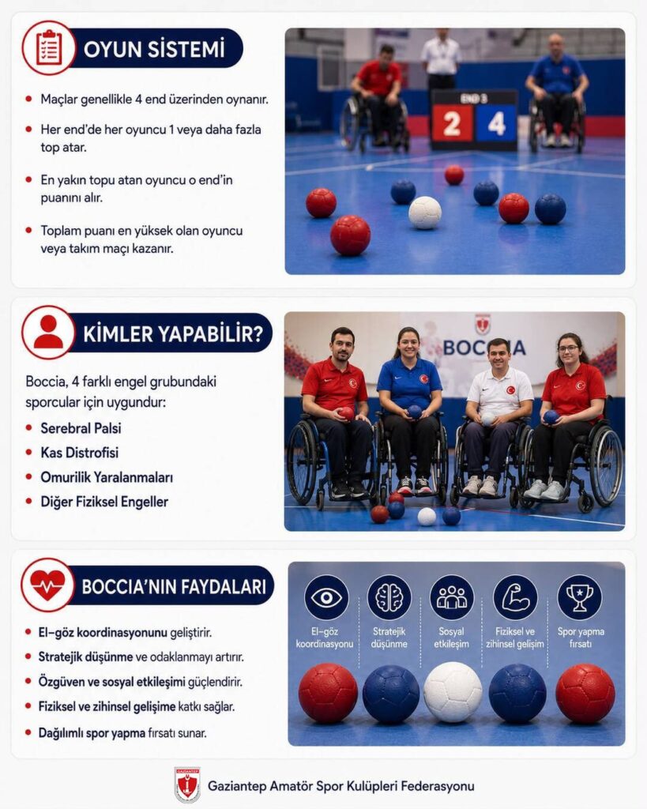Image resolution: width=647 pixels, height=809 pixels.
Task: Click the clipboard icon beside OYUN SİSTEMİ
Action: [x=49, y=48]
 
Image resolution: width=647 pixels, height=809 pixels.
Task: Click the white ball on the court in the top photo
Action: [x=425, y=212]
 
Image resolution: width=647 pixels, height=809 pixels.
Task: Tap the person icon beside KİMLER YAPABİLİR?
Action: [x=48, y=332]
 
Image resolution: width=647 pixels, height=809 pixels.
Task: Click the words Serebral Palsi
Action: [x=81, y=428]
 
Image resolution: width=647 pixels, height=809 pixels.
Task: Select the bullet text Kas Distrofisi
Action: [x=80, y=453]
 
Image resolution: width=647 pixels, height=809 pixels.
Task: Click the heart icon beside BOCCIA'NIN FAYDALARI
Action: [x=47, y=585]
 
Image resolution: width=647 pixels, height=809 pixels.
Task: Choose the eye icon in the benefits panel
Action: [x=326, y=597]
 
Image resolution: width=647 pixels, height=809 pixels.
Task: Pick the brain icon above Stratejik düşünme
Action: [x=389, y=597]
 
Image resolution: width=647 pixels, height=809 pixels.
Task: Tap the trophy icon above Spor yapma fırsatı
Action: [x=579, y=597]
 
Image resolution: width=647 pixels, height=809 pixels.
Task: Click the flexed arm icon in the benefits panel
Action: [x=515, y=597]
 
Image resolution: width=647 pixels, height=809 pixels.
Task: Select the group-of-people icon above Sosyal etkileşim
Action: [x=451, y=597]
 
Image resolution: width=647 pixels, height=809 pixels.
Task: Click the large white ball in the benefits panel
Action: [x=453, y=692]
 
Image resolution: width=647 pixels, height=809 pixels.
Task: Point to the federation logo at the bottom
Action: [x=186, y=785]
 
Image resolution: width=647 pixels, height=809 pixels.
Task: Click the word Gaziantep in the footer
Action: [x=237, y=786]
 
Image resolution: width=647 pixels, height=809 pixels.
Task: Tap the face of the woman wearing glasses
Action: [x=569, y=350]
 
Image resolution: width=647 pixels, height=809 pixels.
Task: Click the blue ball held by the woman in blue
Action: [x=414, y=411]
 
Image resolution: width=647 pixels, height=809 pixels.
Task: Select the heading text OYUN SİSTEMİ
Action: [x=154, y=49]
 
